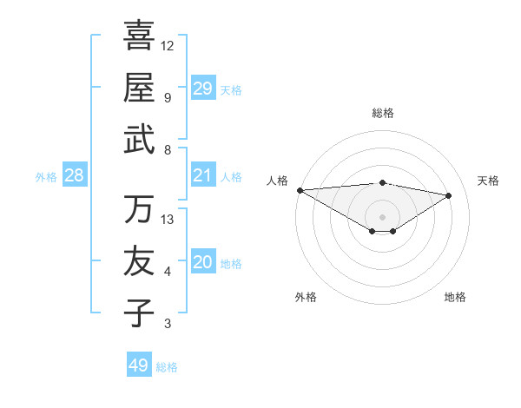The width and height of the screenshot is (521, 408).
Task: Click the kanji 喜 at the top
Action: tap(139, 36)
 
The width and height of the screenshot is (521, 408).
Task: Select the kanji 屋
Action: tap(139, 88)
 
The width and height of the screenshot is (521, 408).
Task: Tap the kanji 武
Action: tap(139, 140)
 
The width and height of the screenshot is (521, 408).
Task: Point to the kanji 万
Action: tap(139, 209)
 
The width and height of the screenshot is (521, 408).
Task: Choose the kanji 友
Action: tap(139, 261)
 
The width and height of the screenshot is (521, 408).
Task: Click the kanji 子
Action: tap(139, 313)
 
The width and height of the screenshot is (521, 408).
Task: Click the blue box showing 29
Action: tap(203, 89)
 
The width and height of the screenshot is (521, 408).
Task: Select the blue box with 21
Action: tap(203, 175)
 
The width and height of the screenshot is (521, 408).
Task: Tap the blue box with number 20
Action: tap(203, 263)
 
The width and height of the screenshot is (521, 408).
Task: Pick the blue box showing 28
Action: tap(75, 175)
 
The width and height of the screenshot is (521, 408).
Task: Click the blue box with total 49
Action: tap(139, 365)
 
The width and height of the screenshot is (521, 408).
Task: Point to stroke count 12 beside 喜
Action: tap(168, 45)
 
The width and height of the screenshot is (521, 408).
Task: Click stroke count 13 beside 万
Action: tap(168, 219)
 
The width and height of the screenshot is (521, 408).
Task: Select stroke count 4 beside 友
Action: tap(168, 272)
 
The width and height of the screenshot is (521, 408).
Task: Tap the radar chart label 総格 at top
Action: tap(382, 113)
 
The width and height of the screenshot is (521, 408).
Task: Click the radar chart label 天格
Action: tap(488, 181)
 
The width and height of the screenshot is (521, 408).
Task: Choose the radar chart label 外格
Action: tap(306, 297)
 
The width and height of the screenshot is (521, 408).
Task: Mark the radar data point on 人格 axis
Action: tap(300, 190)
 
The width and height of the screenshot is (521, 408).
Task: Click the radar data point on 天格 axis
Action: tap(449, 194)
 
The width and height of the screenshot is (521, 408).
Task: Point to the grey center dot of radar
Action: tap(382, 216)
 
